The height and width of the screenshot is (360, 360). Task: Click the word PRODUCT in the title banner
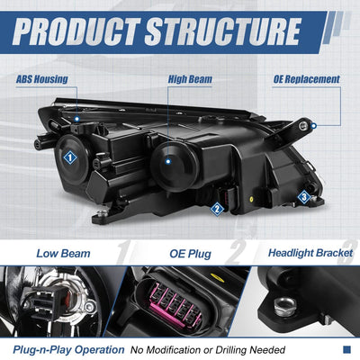pyautogui.click(x=76, y=31)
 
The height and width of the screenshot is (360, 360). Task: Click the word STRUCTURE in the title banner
pyautogui.click(x=222, y=31)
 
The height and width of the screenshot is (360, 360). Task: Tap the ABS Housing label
pyautogui.click(x=42, y=79)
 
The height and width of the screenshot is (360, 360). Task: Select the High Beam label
pyautogui.click(x=190, y=79)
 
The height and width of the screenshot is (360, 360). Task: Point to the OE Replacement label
pyautogui.click(x=306, y=79)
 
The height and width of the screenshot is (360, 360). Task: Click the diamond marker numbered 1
pyautogui.click(x=70, y=157)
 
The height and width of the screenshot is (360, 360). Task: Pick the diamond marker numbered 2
pyautogui.click(x=217, y=209)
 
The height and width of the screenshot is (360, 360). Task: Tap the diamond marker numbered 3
pyautogui.click(x=304, y=197)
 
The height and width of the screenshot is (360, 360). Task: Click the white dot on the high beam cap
pyautogui.click(x=168, y=161)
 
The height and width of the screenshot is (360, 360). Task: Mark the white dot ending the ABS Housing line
pyautogui.click(x=77, y=119)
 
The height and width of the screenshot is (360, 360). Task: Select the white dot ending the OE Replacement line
pyautogui.click(x=314, y=126)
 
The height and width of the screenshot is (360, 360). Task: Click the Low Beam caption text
pyautogui.click(x=63, y=254)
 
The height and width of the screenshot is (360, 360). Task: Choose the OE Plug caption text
pyautogui.click(x=190, y=254)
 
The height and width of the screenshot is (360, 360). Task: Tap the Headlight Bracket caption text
pyautogui.click(x=310, y=253)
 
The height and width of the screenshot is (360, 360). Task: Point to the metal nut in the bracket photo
pyautogui.click(x=284, y=305)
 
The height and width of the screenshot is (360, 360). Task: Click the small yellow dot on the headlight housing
pyautogui.click(x=251, y=199)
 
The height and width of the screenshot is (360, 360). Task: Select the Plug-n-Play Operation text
pyautogui.click(x=68, y=350)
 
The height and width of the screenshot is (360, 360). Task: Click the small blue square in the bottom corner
pyautogui.click(x=346, y=349)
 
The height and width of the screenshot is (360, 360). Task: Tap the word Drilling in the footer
pyautogui.click(x=231, y=350)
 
